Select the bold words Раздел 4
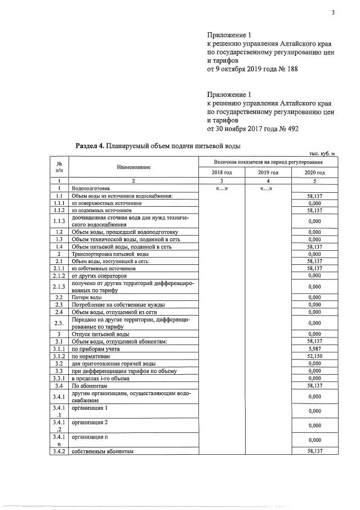click(x=90, y=146)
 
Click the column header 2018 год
click(x=221, y=172)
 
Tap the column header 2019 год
click(x=268, y=172)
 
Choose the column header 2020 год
click(x=314, y=172)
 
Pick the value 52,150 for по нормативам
click(x=314, y=357)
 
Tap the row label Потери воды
click(x=87, y=297)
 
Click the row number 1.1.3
click(x=59, y=221)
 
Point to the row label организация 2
click(x=90, y=422)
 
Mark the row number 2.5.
click(x=59, y=323)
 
